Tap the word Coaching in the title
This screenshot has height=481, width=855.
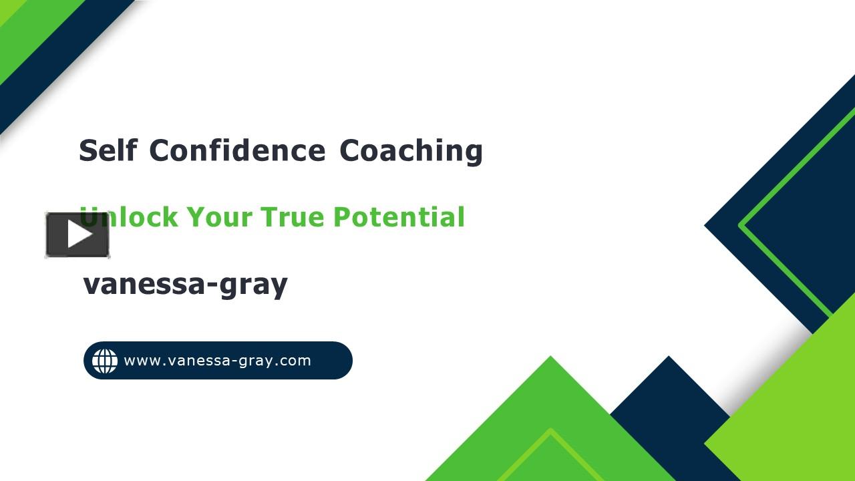coord(411,150)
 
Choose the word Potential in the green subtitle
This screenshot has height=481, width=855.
coord(399,217)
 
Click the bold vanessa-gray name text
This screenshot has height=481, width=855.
coord(185,284)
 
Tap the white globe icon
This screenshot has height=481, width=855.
coord(105,361)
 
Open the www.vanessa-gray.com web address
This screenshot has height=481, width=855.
coord(218,361)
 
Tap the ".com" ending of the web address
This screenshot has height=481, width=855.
coord(294,361)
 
